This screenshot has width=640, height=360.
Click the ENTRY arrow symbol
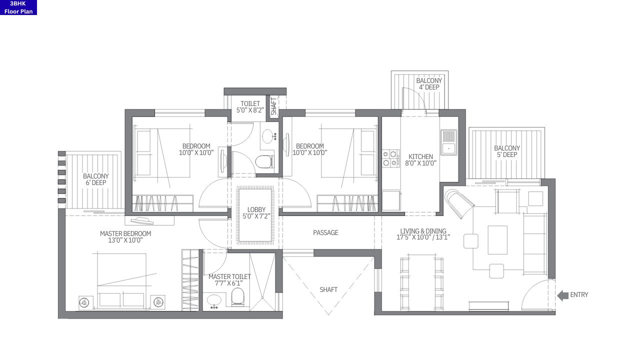click(x=562, y=295)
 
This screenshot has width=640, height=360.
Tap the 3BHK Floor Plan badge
click(x=18, y=7)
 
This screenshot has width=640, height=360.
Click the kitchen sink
click(x=448, y=142)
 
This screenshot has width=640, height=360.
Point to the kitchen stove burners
click(x=390, y=158)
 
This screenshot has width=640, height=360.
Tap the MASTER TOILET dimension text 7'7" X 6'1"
click(x=229, y=283)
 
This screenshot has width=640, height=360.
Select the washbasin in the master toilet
click(x=214, y=300)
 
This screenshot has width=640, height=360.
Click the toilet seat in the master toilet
click(x=237, y=297)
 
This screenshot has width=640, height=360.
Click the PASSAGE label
click(x=325, y=232)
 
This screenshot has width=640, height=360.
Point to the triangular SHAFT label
click(x=328, y=289)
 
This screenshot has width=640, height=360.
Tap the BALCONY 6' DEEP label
click(x=95, y=179)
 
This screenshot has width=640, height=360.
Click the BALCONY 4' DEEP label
click(x=429, y=84)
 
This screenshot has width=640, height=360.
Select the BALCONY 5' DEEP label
click(x=506, y=151)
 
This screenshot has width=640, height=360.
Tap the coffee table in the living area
click(x=497, y=239)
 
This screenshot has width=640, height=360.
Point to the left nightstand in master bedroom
click(x=85, y=302)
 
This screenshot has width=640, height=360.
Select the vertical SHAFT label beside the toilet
click(x=274, y=106)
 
